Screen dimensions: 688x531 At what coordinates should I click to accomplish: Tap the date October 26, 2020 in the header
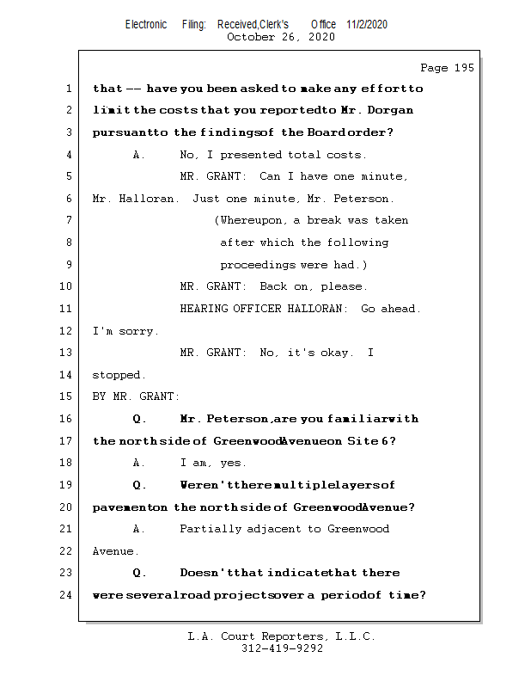(280, 37)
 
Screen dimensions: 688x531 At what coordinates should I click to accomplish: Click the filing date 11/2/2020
(367, 24)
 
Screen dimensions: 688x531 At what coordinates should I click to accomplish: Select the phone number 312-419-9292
(282, 649)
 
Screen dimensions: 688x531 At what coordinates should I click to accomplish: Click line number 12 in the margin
(68, 331)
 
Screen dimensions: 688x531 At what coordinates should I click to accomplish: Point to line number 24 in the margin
(68, 595)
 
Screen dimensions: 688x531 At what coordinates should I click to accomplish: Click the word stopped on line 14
(118, 375)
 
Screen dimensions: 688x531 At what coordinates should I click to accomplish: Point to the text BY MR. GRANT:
(136, 397)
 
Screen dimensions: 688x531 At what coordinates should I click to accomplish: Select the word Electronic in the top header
(146, 24)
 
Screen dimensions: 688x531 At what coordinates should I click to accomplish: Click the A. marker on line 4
(139, 155)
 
